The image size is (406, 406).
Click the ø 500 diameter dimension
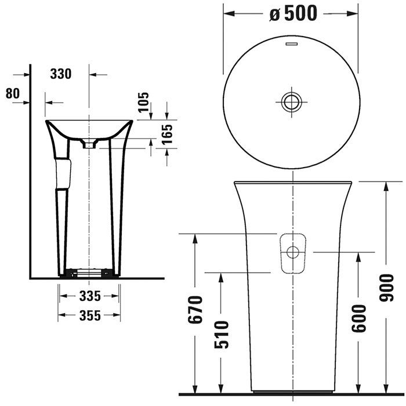click(293, 13)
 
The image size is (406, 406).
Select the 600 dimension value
click(358, 317)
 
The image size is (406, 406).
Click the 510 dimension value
click(222, 335)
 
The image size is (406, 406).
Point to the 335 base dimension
click(90, 296)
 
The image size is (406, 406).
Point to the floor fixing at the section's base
click(89, 271)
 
